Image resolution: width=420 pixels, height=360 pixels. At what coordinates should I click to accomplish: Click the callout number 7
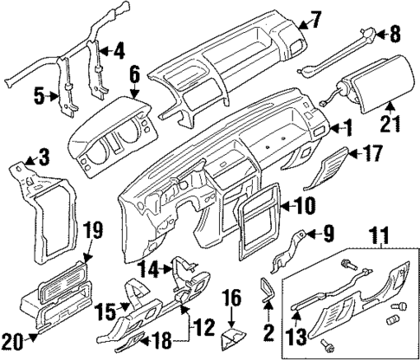click(x=315, y=17)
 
